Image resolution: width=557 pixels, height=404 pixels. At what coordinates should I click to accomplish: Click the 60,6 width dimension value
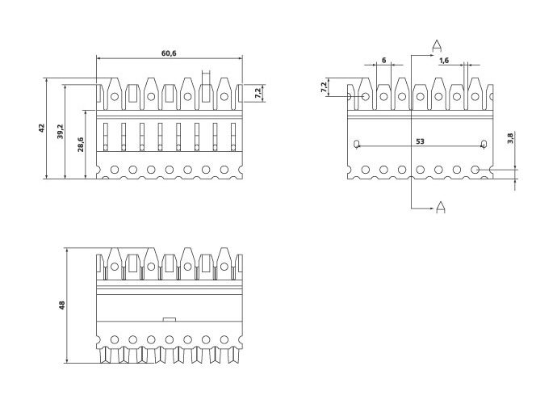[x=169, y=53]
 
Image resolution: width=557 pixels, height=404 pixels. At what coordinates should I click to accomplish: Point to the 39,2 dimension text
[x=61, y=131]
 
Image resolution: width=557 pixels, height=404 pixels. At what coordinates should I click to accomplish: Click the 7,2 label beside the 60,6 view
[x=258, y=94]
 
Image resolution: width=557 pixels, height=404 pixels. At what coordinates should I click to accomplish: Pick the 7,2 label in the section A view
[x=325, y=87]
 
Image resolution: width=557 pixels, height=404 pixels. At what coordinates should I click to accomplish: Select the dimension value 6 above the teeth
[x=383, y=61]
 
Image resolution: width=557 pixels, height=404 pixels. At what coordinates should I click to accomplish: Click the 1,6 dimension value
[x=444, y=61]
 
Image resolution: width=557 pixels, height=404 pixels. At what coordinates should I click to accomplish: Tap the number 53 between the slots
[x=420, y=141]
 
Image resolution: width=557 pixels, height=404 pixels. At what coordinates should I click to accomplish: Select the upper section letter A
[x=436, y=44]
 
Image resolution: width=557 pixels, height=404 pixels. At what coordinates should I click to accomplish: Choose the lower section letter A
[x=441, y=208]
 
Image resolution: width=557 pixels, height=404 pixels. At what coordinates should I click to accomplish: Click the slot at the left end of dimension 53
[x=356, y=145]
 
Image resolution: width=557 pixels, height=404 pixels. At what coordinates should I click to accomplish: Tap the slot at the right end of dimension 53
[x=483, y=145]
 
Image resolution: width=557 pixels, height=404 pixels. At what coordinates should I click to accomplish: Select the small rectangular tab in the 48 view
[x=170, y=319]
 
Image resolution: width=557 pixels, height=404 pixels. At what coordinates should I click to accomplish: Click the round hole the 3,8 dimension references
[x=476, y=170]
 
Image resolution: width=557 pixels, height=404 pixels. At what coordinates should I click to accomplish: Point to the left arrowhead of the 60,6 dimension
[x=99, y=58]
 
